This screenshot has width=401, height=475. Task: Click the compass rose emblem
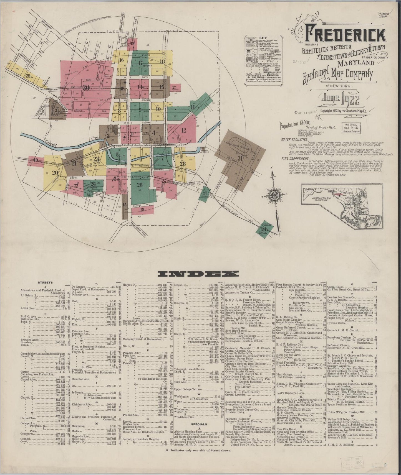(274, 194)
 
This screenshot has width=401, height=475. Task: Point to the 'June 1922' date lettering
(340, 101)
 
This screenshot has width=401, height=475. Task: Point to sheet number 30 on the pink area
(86, 88)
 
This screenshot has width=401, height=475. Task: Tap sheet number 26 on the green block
(140, 185)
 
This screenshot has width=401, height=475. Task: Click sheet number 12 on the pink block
(183, 130)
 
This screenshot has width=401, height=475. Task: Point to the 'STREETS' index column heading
(46, 282)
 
